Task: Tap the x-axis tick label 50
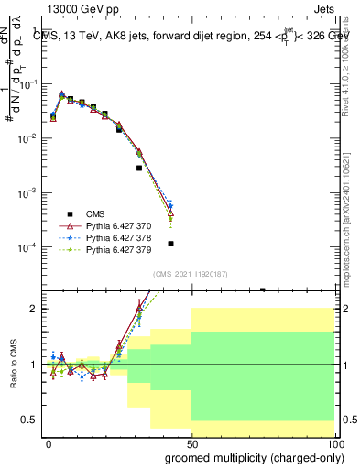click(191, 442)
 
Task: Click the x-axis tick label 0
click(49, 442)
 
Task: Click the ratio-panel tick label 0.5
click(33, 420)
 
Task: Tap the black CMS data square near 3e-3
click(139, 168)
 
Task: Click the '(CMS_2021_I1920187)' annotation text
click(189, 274)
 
